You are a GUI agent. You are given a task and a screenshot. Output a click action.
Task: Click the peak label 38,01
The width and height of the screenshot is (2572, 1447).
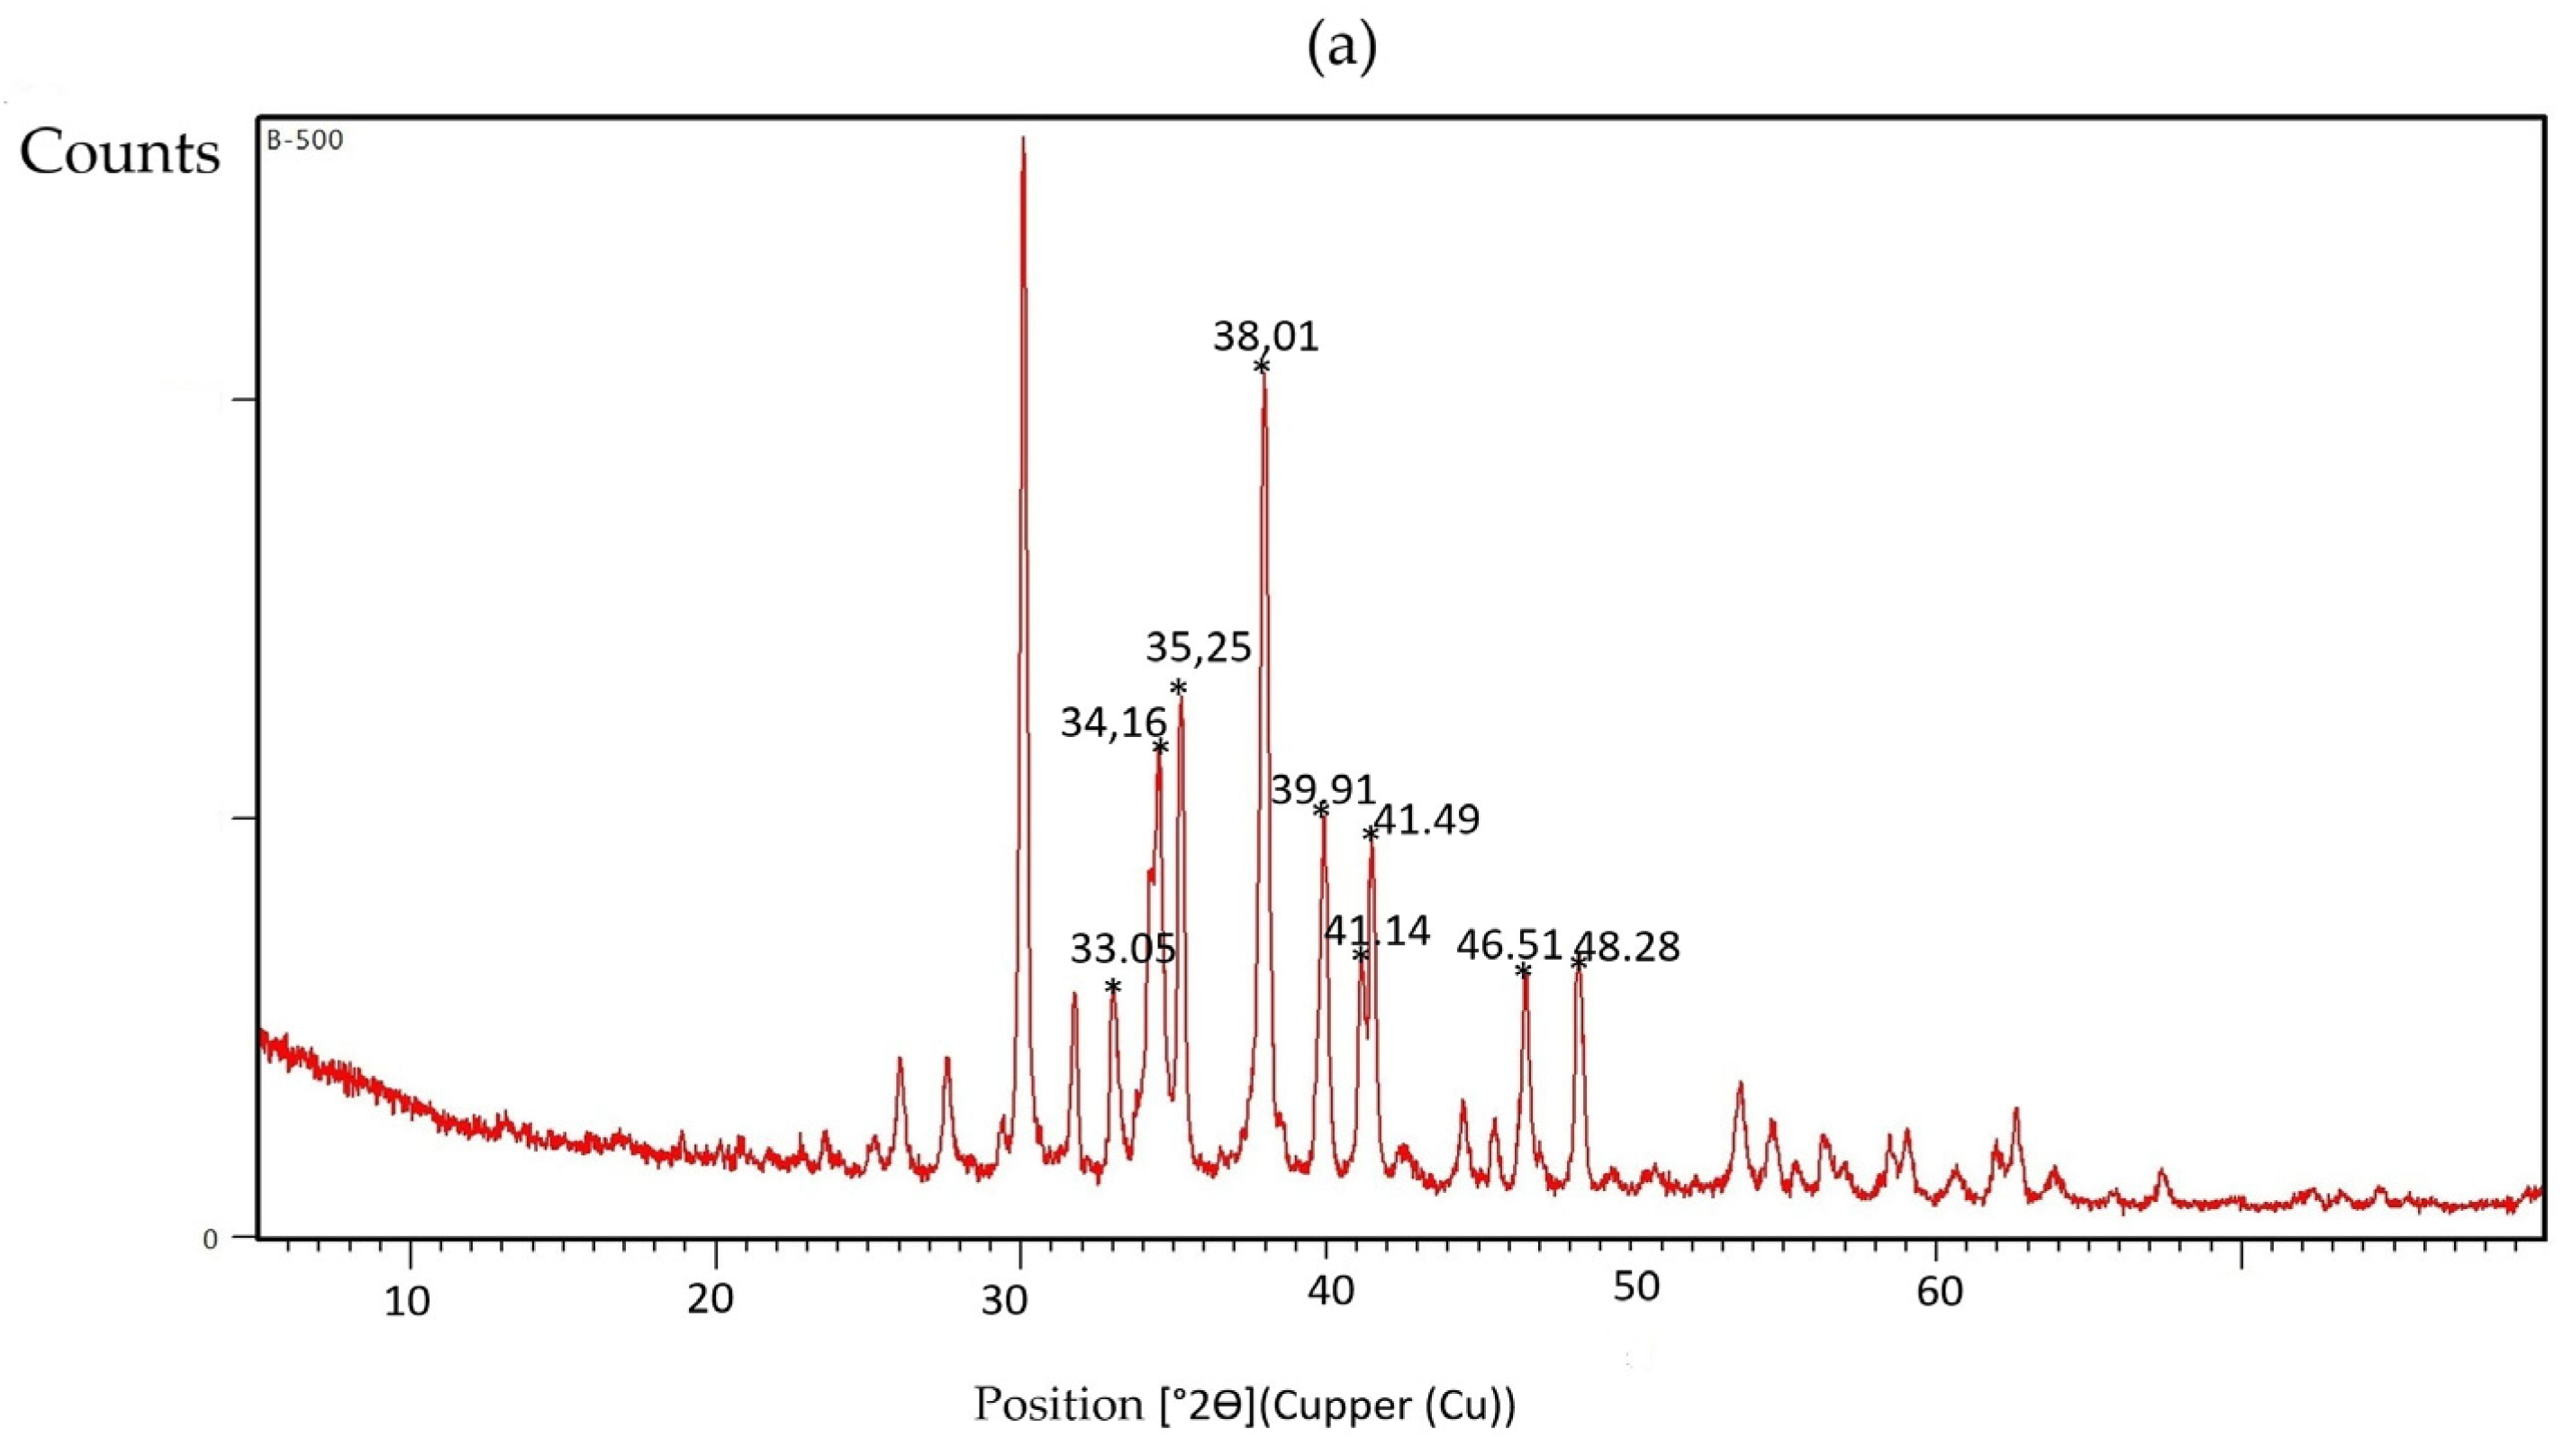[1266, 337]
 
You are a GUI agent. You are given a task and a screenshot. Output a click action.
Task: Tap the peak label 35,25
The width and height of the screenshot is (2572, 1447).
[1198, 648]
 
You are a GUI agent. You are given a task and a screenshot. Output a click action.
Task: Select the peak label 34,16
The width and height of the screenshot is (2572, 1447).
[1113, 722]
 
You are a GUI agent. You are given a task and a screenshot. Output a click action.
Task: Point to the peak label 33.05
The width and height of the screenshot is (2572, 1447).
[1123, 949]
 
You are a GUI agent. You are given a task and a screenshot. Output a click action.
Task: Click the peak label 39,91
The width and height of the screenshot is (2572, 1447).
[1323, 790]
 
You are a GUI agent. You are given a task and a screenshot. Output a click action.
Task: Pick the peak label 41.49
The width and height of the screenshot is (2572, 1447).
[1426, 820]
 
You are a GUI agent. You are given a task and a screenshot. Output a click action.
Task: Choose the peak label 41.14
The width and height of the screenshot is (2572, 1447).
[1377, 931]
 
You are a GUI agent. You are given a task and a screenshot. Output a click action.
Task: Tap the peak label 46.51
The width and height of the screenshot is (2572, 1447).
[1508, 944]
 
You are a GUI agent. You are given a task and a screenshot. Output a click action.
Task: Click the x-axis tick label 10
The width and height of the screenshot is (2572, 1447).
[407, 1301]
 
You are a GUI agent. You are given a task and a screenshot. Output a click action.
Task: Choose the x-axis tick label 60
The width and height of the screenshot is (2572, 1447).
[1940, 1292]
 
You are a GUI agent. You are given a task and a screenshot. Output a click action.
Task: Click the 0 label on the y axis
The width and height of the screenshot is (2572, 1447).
[210, 1239]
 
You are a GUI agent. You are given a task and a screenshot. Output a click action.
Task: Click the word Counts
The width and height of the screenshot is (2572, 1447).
[120, 154]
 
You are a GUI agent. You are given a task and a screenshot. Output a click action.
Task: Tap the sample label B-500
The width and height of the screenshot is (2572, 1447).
[304, 141]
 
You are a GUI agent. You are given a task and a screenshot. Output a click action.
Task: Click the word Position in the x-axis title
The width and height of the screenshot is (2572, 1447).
[1058, 1404]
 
